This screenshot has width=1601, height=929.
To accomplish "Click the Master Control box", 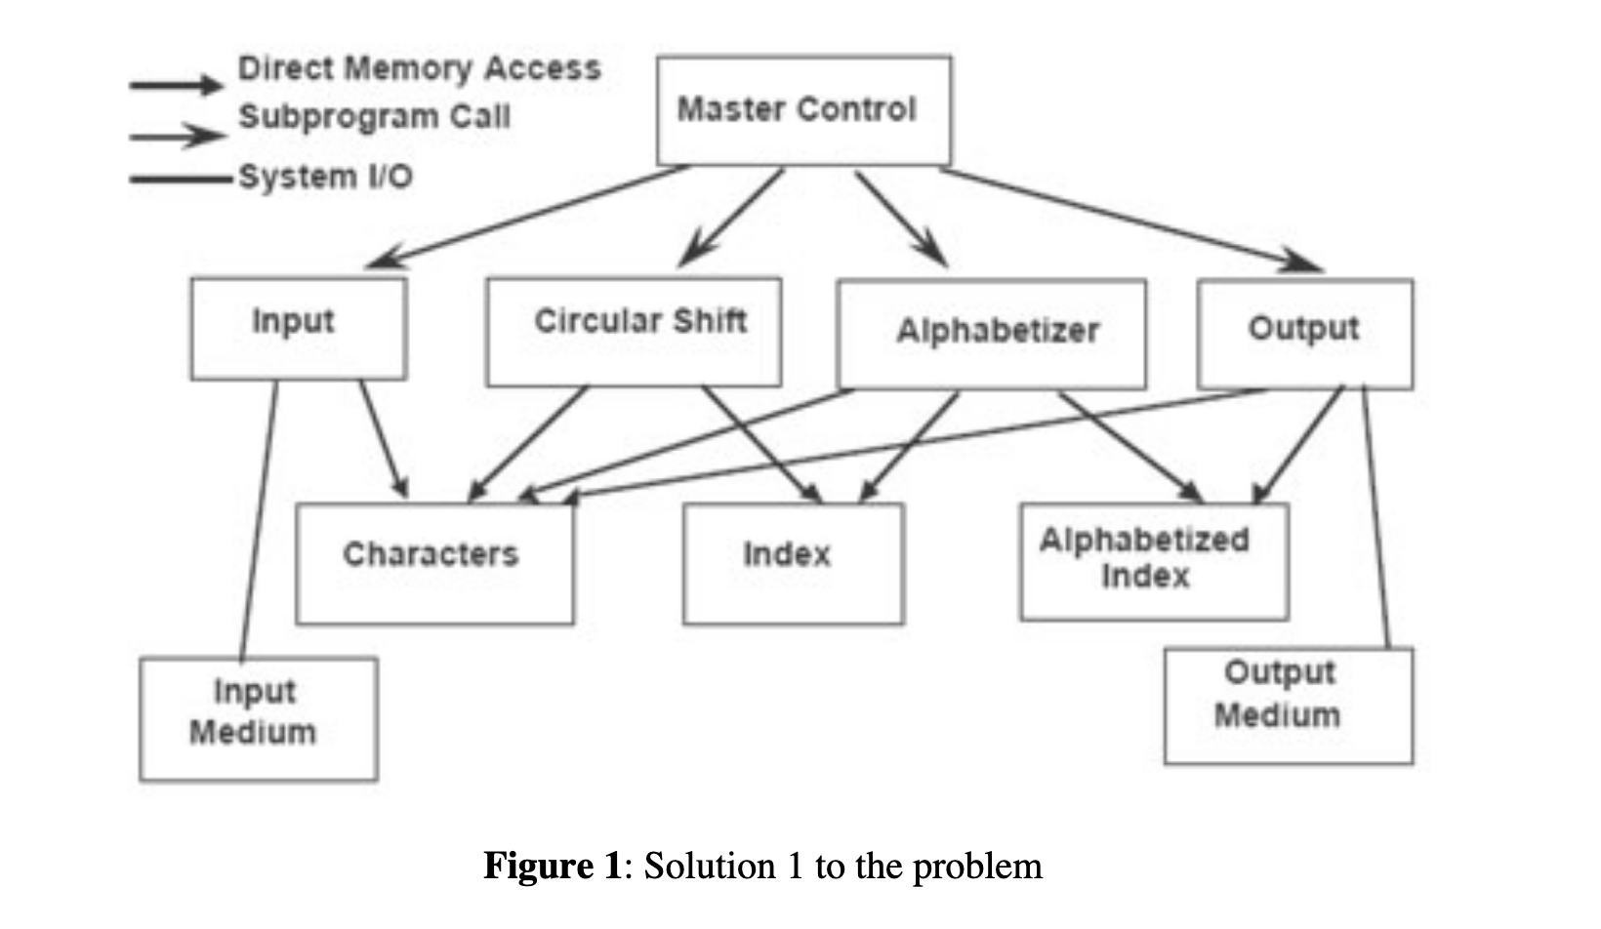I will (803, 110).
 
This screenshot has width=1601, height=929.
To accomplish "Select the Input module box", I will (299, 329).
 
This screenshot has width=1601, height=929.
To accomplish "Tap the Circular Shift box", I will (634, 332).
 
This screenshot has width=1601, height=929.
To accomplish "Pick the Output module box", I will (1304, 334).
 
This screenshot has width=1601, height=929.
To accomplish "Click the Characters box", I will (434, 563).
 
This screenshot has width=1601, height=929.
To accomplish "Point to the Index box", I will (793, 563).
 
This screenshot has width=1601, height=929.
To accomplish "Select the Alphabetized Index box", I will (1154, 561).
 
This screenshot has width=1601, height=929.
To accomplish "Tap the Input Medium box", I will (258, 718).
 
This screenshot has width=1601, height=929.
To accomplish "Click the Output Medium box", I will (1288, 705).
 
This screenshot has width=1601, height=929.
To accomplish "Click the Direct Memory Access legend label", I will (420, 68).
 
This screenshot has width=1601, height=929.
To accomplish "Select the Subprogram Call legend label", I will (374, 116).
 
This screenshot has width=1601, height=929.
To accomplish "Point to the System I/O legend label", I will (325, 177).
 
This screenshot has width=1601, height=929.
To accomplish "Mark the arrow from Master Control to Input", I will (527, 217).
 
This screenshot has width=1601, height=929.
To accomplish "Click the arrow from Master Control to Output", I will (1132, 217).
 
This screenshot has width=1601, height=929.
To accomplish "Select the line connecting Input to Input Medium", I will (259, 517).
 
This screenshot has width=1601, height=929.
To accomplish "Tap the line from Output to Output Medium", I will (1375, 517).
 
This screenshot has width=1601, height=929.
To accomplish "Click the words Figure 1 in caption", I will (552, 866).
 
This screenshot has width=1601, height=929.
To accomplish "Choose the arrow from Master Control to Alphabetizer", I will (900, 218).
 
